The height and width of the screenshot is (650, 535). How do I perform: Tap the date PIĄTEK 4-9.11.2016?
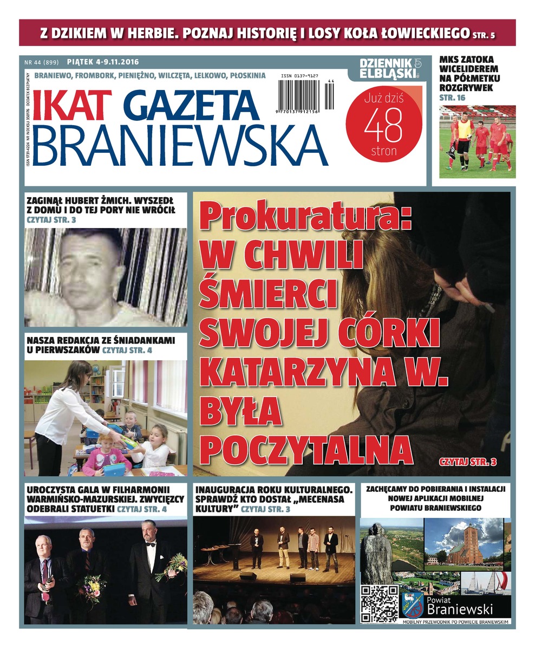(x=103, y=62)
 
